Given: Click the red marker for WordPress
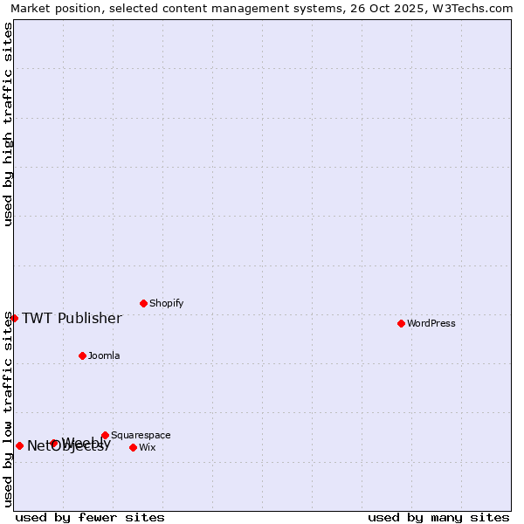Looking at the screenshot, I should click(x=401, y=323).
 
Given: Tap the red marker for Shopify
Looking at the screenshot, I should click(x=143, y=303).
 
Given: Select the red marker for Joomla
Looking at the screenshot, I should click(x=82, y=355).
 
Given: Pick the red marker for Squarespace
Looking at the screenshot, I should click(x=105, y=435).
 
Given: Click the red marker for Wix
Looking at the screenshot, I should click(x=133, y=447).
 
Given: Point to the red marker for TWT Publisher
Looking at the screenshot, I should click(x=14, y=318).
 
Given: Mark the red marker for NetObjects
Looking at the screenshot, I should click(x=19, y=445).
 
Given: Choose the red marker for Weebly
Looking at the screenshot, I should click(x=54, y=443).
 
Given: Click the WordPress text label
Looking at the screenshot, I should click(x=431, y=323).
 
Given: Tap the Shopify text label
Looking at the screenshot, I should click(x=166, y=303).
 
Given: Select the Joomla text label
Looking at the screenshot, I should click(x=104, y=355).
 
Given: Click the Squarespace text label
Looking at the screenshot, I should click(x=141, y=435).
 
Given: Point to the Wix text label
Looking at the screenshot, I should click(x=147, y=447).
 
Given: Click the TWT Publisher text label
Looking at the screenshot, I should click(x=72, y=318).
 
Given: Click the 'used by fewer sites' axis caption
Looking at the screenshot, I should click(x=90, y=517).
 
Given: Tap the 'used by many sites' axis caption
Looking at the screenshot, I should click(x=438, y=517).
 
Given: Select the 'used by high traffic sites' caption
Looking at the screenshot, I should click(x=8, y=124).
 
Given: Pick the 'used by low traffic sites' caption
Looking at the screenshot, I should click(x=8, y=409).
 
